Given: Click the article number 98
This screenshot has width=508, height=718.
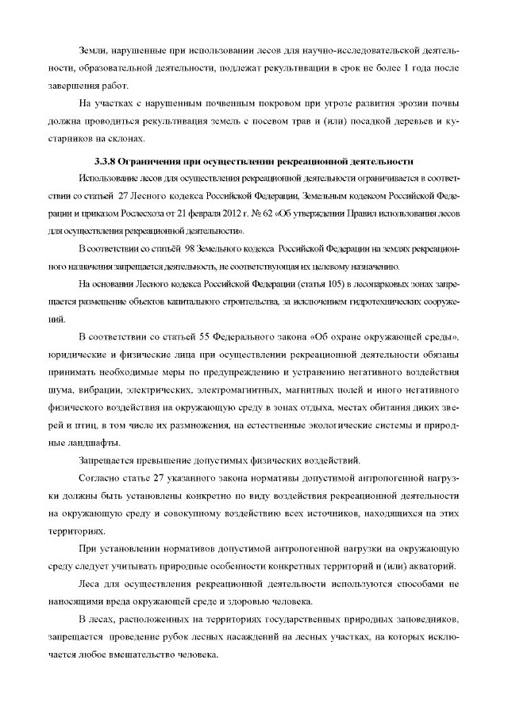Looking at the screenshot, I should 192,249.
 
